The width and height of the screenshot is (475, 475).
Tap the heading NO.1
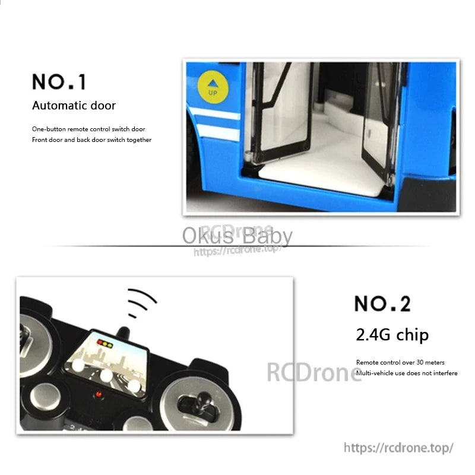tap(59, 81)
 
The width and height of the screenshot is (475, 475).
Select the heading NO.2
tap(382, 303)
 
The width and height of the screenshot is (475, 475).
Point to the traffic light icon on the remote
tap(106, 343)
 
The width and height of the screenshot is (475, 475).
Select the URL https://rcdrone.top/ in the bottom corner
tap(398, 447)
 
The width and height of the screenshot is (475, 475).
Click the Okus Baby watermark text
tap(237, 236)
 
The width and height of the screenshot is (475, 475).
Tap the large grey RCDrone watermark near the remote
tap(313, 372)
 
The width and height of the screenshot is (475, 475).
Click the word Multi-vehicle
tap(377, 373)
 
